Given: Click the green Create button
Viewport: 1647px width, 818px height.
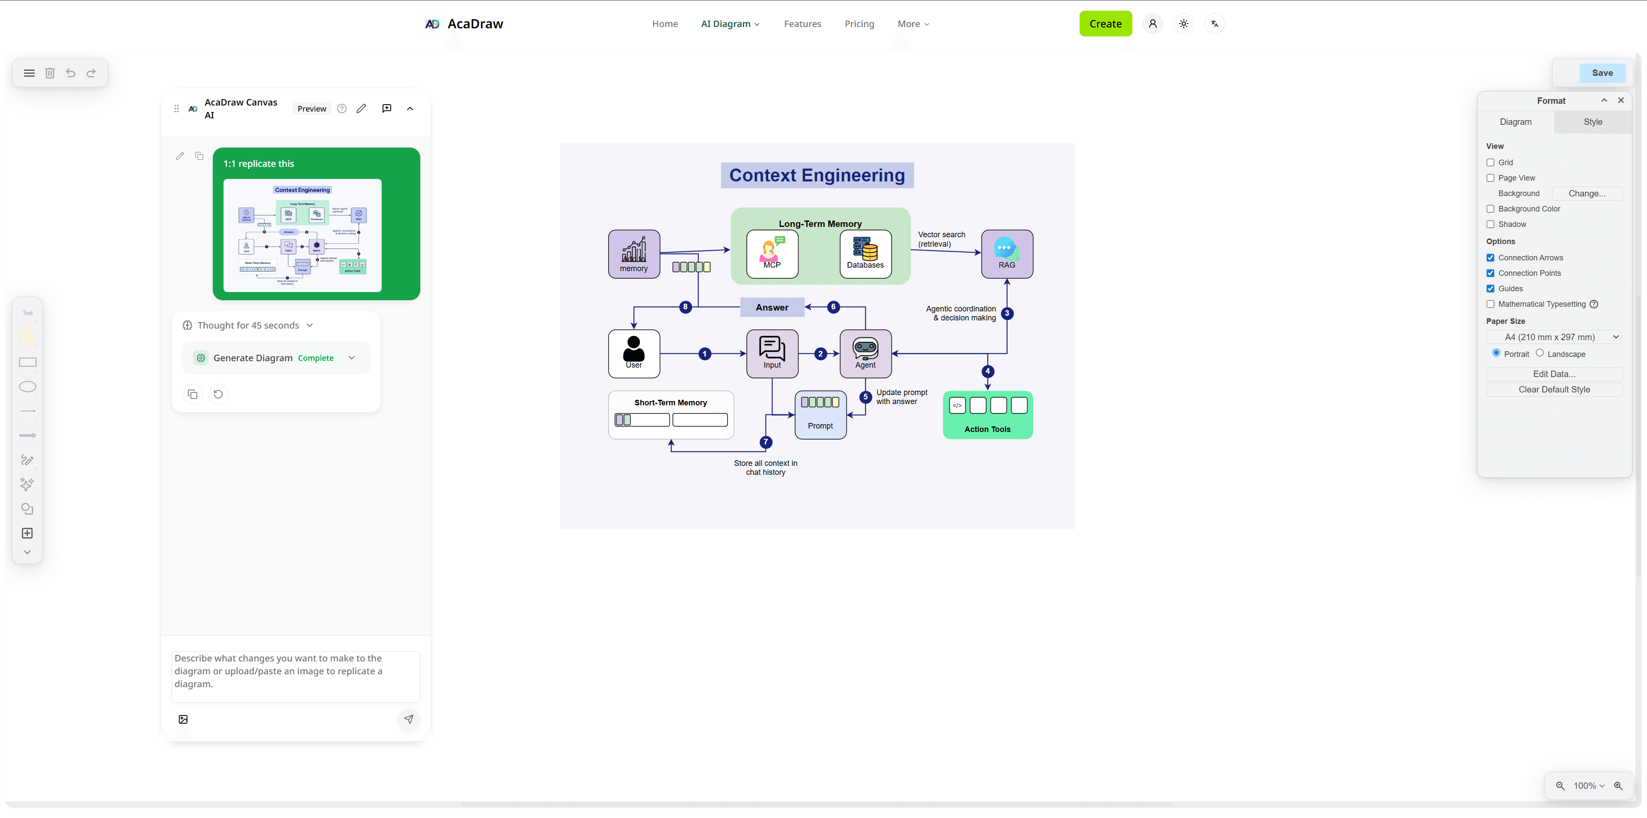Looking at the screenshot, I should pos(1105,24).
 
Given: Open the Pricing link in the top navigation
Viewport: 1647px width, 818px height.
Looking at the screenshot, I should pos(859,24).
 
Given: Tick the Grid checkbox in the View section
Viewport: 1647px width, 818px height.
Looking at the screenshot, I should pos(1490,163).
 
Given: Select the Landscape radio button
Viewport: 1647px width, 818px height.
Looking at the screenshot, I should pos(1540,353).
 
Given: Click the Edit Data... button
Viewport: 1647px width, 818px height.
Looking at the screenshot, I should pos(1553,374).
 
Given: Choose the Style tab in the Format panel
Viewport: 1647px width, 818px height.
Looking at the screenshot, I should pos(1592,121).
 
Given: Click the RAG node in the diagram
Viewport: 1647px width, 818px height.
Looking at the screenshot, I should pos(1006,254).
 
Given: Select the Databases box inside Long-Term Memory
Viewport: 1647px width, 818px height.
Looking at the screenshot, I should pos(865,254).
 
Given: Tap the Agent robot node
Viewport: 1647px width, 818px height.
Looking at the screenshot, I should pos(865,353).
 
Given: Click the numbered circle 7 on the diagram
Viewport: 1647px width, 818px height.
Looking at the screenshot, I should pos(765,442).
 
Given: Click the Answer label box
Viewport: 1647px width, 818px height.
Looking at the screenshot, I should pos(772,308).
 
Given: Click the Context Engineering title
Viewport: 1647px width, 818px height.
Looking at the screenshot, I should pos(817,175).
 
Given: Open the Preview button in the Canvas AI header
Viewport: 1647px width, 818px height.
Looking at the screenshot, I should pos(311,109).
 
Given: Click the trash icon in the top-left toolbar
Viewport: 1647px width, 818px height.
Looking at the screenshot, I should pos(50,73).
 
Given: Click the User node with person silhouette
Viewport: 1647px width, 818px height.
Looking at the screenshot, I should pos(633,353).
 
